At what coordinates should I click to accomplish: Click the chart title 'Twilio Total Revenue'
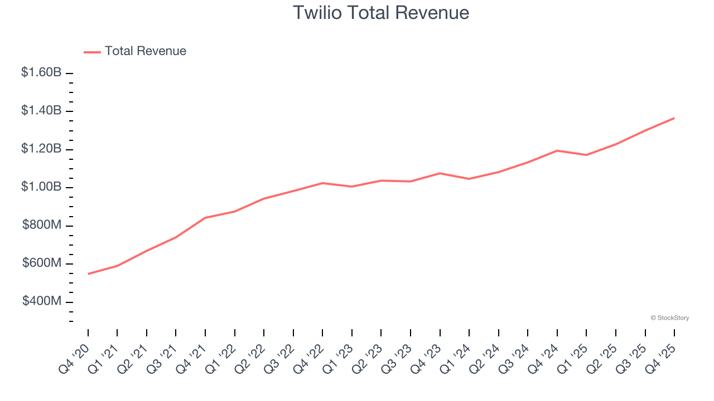pyautogui.click(x=381, y=12)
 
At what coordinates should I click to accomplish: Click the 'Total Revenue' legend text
pyautogui.click(x=145, y=51)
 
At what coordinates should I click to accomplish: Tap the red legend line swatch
pyautogui.click(x=92, y=52)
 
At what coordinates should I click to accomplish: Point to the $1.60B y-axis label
pyautogui.click(x=41, y=72)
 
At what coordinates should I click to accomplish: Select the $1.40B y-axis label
pyautogui.click(x=41, y=111)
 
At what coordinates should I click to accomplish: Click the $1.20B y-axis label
pyautogui.click(x=41, y=149)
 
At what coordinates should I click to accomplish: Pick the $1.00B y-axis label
pyautogui.click(x=41, y=187)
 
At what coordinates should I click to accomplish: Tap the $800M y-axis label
pyautogui.click(x=42, y=225)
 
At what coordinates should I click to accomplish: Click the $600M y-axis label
pyautogui.click(x=42, y=263)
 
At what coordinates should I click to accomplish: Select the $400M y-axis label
pyautogui.click(x=42, y=301)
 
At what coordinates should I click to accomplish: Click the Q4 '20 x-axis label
pyautogui.click(x=74, y=359)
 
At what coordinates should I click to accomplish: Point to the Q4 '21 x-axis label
pyautogui.click(x=191, y=359)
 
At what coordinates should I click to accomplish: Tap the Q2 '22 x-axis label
pyautogui.click(x=250, y=359)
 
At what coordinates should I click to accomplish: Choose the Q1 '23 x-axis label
pyautogui.click(x=338, y=359)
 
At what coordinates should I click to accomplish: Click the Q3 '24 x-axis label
pyautogui.click(x=514, y=359)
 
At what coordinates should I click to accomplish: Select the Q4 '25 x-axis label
pyautogui.click(x=660, y=359)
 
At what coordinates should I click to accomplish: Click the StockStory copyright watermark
pyautogui.click(x=669, y=318)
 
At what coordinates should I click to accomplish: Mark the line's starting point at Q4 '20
pyautogui.click(x=88, y=274)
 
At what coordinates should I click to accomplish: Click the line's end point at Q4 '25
pyautogui.click(x=674, y=118)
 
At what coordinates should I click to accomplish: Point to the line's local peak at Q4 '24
pyautogui.click(x=557, y=150)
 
